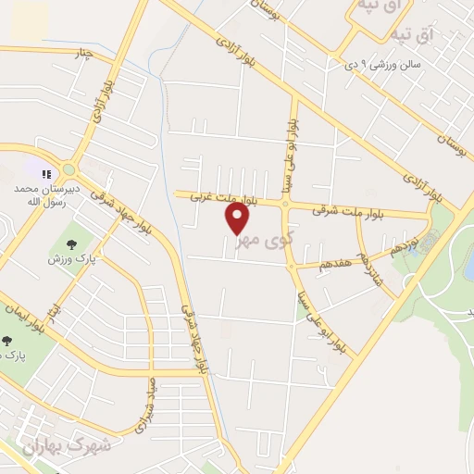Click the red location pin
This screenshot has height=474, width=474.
[238, 218]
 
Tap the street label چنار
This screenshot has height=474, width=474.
[84, 53]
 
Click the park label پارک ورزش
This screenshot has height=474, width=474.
[67, 259]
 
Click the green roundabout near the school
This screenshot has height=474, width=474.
[69, 169]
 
